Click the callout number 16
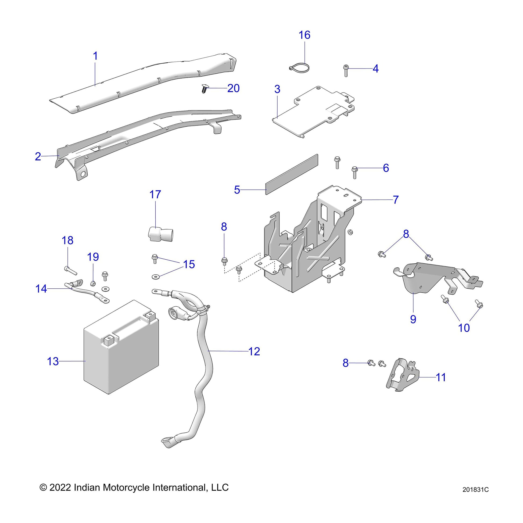304,35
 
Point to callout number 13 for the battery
53,361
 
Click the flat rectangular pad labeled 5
292,174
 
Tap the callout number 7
396,200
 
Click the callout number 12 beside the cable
254,351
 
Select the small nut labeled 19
92,284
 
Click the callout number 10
464,328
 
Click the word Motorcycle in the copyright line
127,487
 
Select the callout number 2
38,156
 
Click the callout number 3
277,89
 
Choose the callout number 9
413,319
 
